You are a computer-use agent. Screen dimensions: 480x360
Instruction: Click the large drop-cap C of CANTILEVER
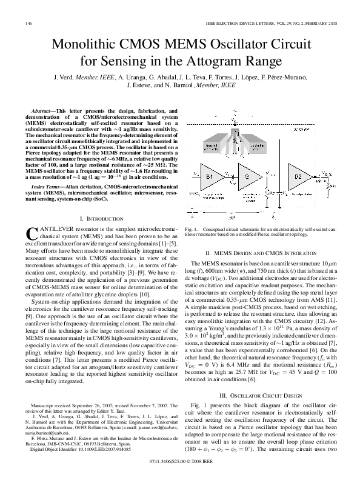click(34, 233)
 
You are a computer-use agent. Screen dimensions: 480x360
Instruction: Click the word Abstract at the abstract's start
click(44, 112)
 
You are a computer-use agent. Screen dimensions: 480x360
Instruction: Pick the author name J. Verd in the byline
click(63, 78)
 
